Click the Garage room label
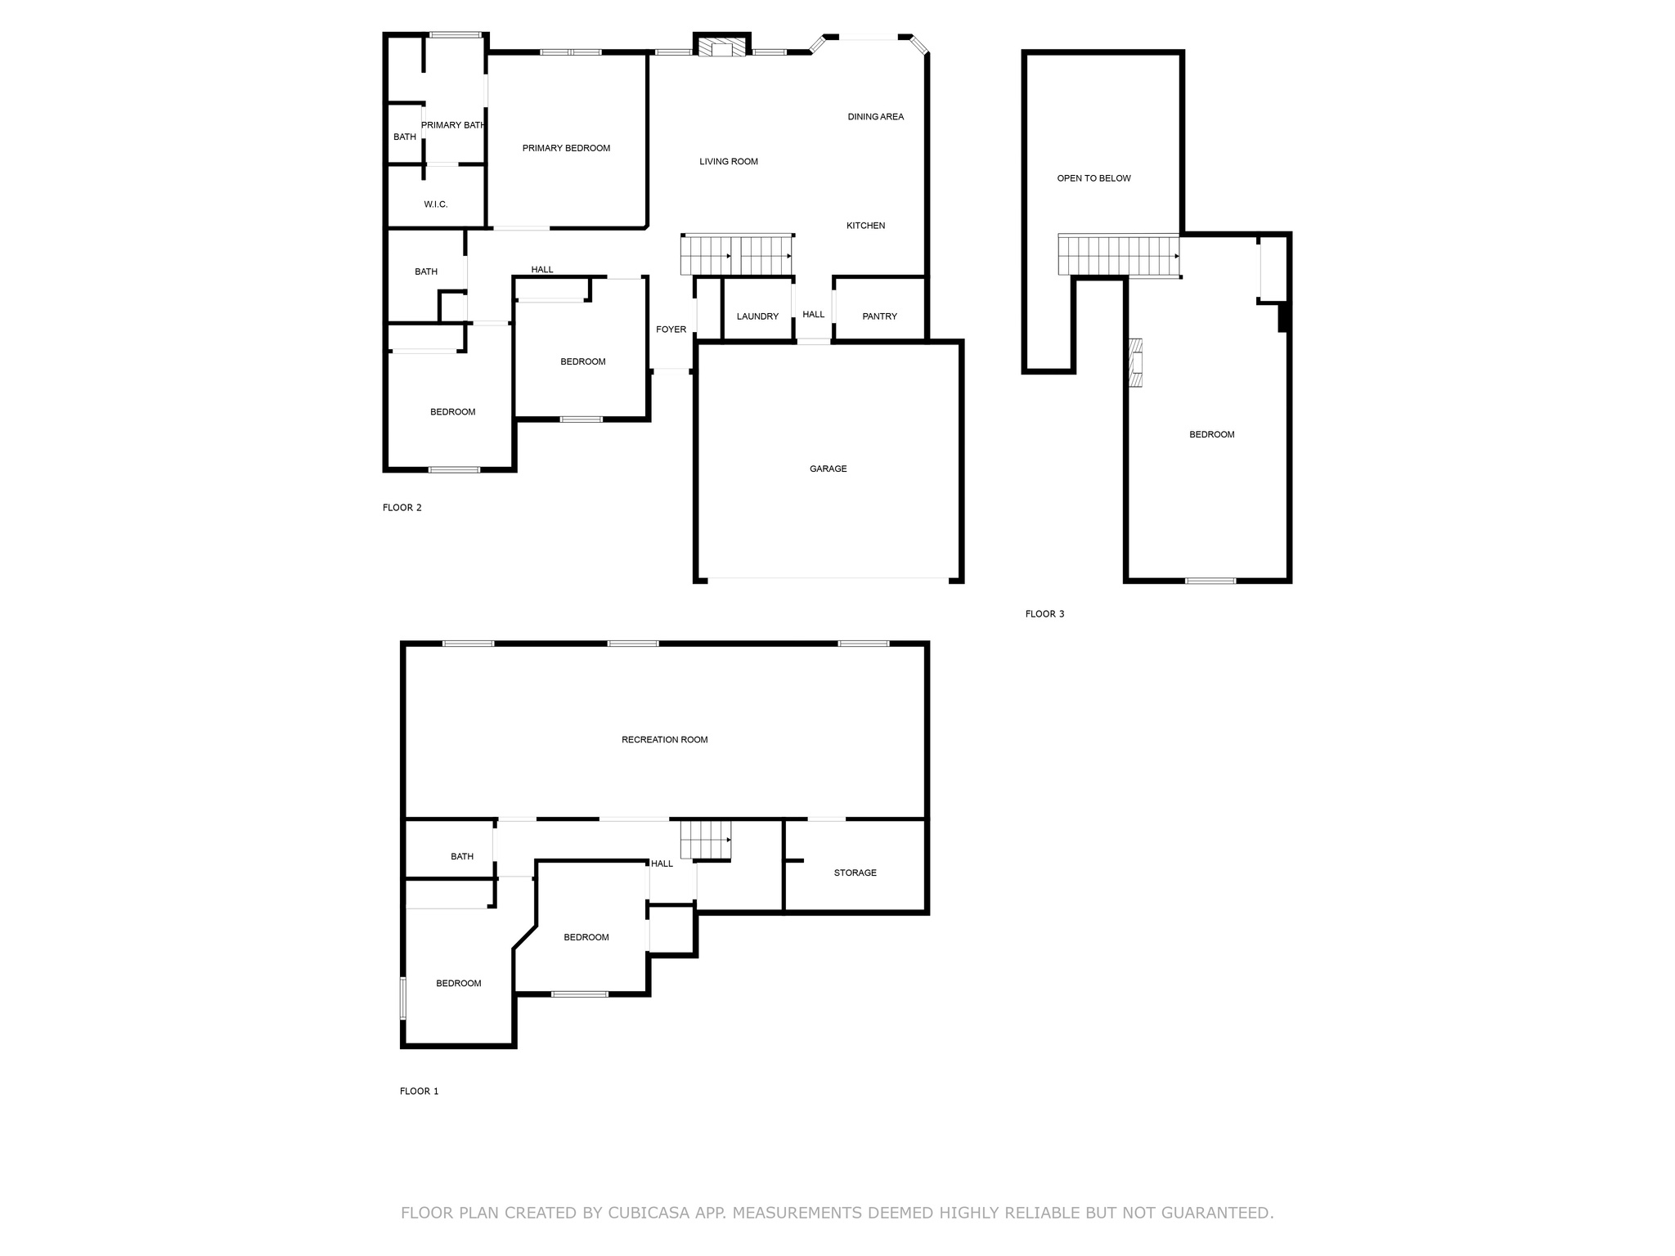click(828, 469)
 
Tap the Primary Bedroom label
click(566, 148)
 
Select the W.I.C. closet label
click(436, 204)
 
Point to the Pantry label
click(879, 316)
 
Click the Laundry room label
click(757, 316)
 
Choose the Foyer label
click(671, 330)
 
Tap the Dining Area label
click(875, 117)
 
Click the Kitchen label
click(865, 226)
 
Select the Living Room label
click(729, 162)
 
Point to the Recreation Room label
click(664, 740)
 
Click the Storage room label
click(855, 873)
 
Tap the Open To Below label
click(1093, 178)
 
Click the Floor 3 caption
click(1044, 614)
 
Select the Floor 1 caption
click(419, 1091)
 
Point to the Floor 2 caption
click(402, 508)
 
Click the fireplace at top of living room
click(721, 47)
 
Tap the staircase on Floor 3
click(1119, 255)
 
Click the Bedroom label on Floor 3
click(1211, 435)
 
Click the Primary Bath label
click(453, 125)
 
